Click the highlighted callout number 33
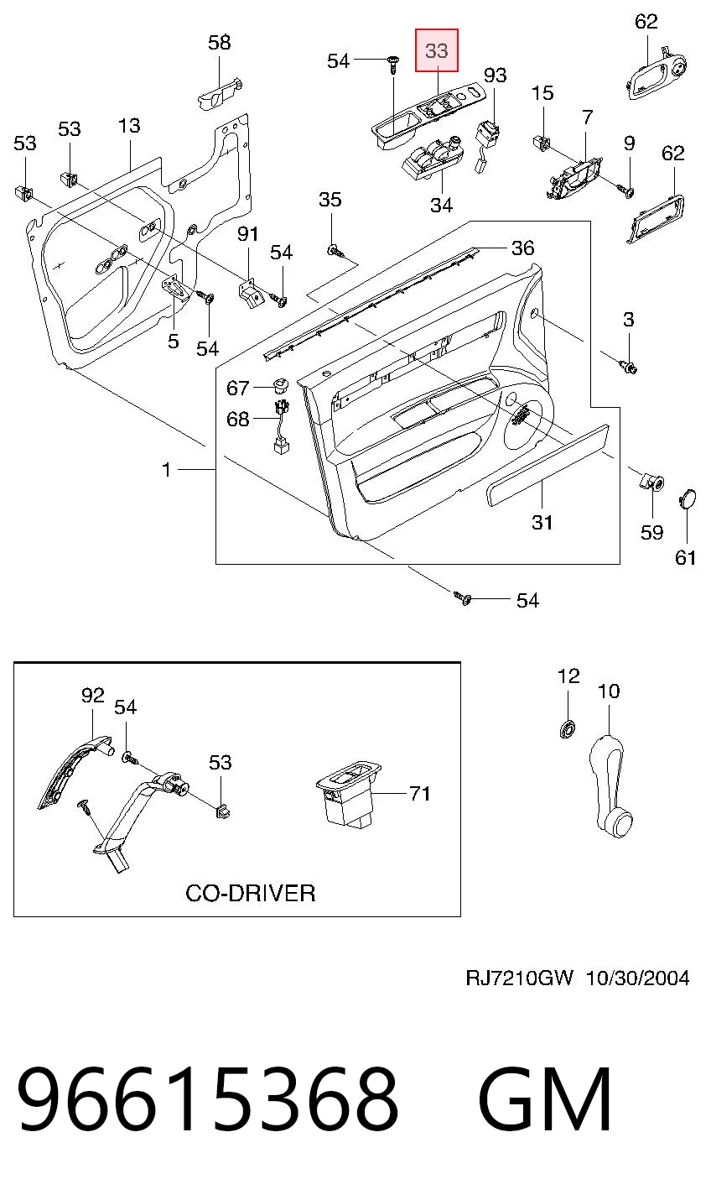(x=436, y=51)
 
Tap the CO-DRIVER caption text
(x=250, y=893)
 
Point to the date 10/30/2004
(x=638, y=978)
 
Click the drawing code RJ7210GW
(x=519, y=978)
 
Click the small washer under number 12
(x=568, y=729)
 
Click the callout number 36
(x=522, y=248)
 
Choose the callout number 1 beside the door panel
(x=167, y=470)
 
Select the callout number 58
(x=220, y=42)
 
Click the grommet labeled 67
(x=279, y=384)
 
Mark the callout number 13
(x=129, y=125)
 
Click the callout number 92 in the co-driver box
(x=92, y=696)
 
